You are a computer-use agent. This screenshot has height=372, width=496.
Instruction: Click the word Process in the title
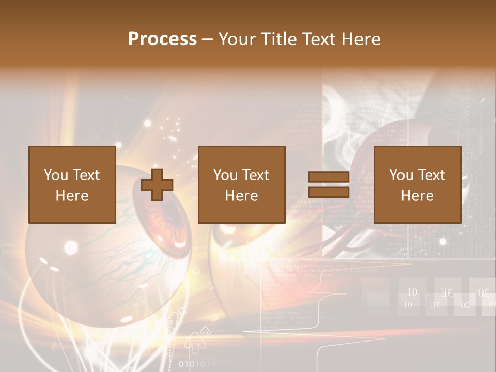tap(162, 39)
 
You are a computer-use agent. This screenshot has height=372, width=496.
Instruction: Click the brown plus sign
tap(157, 184)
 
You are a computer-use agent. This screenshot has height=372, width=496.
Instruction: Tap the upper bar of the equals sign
tap(329, 177)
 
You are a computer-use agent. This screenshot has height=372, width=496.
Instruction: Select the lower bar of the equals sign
tap(329, 192)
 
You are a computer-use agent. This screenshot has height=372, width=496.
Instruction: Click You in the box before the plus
tap(55, 175)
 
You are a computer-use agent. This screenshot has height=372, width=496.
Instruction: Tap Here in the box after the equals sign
tap(417, 196)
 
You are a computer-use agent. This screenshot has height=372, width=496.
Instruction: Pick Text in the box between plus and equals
tap(254, 175)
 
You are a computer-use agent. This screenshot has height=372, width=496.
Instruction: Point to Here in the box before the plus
tap(72, 196)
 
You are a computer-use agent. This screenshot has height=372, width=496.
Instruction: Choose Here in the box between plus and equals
tap(241, 196)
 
